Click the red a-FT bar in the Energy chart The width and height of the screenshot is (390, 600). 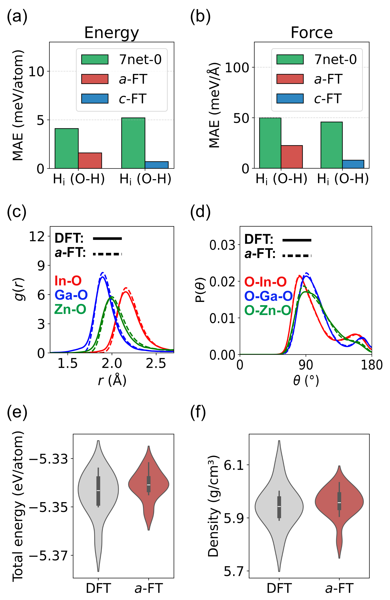[x=90, y=160]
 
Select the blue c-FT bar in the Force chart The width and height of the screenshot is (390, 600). [x=353, y=164]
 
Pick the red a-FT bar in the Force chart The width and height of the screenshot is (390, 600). [x=292, y=157]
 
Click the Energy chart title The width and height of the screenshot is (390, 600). [x=112, y=33]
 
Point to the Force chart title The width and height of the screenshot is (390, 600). [x=312, y=33]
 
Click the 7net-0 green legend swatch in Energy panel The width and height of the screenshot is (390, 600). [x=95, y=60]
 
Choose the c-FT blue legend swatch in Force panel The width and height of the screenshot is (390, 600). [x=290, y=98]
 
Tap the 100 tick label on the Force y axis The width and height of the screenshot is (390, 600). [x=237, y=68]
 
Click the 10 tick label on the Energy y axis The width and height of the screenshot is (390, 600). [x=36, y=72]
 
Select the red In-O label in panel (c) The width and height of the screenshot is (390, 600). [x=68, y=281]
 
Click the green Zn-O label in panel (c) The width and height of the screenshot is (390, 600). [x=70, y=309]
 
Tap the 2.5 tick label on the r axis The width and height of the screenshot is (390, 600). [x=156, y=364]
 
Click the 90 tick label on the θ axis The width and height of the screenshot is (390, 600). [x=306, y=365]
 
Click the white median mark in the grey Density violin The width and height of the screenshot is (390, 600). [x=279, y=506]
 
